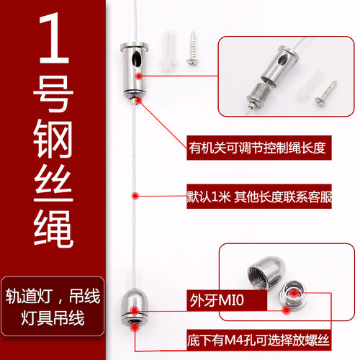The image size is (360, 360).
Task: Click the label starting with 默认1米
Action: (x=257, y=194)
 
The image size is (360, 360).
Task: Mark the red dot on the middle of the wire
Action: (x=134, y=194)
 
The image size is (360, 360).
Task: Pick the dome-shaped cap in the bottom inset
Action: (x=262, y=274)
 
